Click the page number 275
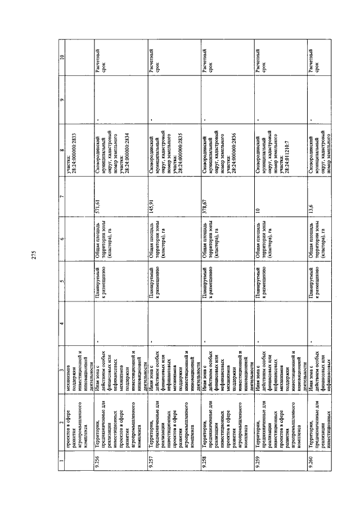click(x=33, y=254)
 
